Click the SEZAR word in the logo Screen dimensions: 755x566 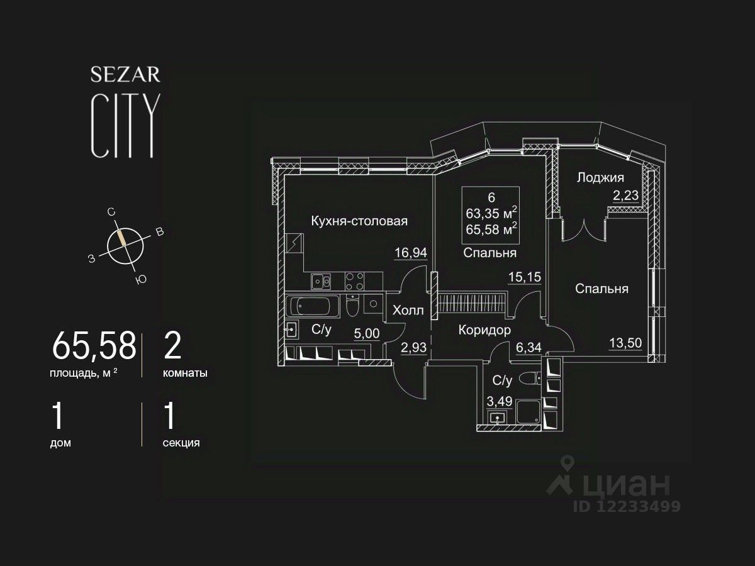point(125,74)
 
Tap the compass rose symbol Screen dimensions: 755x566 point(125,245)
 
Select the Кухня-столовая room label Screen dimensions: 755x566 point(359,221)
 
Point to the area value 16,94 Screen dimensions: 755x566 point(410,253)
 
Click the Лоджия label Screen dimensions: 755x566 point(600,178)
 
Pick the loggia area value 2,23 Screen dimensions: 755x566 point(626,195)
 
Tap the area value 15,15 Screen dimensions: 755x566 point(525,277)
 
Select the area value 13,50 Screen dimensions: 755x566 point(625,343)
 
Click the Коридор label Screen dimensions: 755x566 point(484,330)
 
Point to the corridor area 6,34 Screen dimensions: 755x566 point(528,347)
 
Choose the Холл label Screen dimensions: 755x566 point(408,311)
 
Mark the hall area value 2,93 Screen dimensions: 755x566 point(413,347)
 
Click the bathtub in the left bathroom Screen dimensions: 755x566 point(312,307)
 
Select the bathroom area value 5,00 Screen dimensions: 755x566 point(366,334)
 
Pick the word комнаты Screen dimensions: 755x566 point(185,373)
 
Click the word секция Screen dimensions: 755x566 point(181,443)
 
